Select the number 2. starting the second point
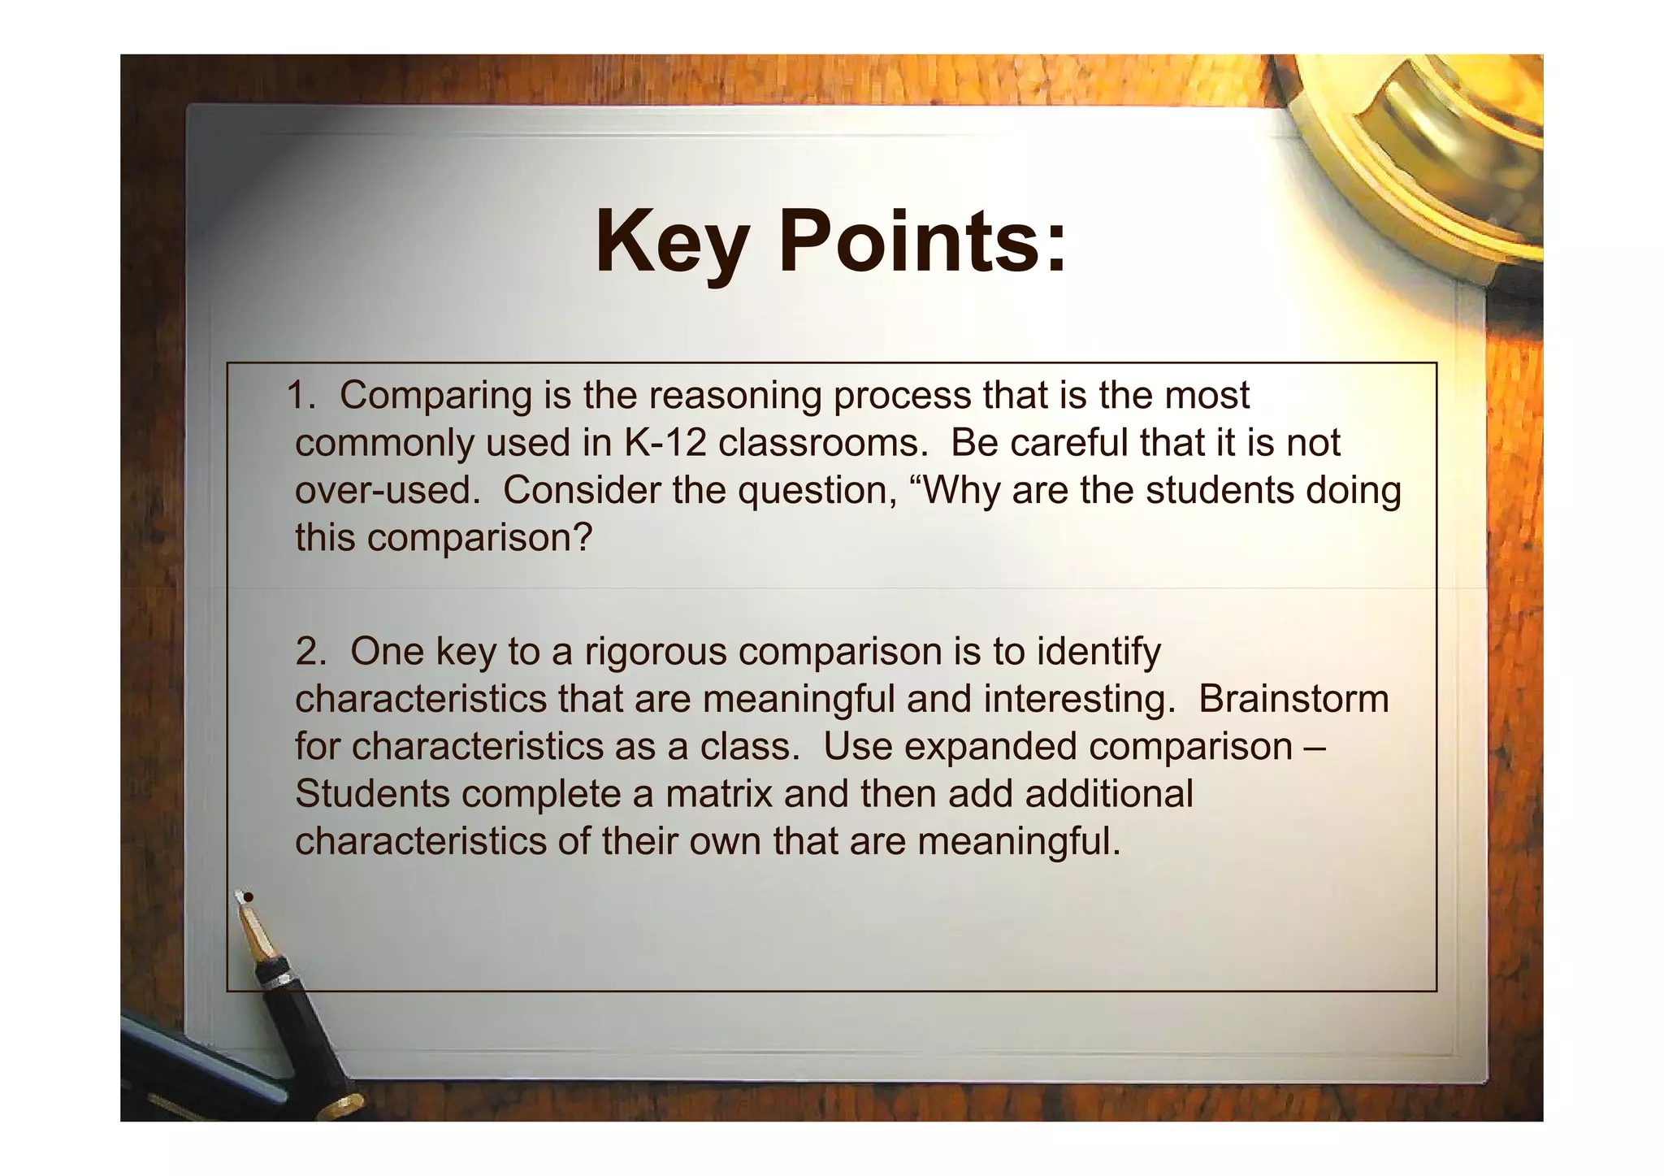point(310,651)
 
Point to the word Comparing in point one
point(435,396)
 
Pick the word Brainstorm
point(1293,699)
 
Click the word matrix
point(718,793)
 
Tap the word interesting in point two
point(1079,699)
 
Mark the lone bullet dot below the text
point(249,897)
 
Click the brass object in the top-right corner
point(1438,154)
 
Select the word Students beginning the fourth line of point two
point(372,793)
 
